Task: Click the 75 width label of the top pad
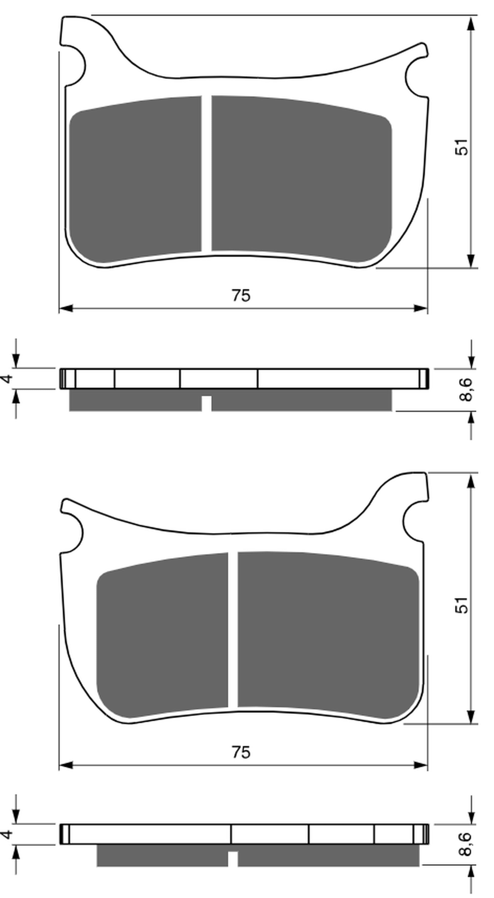pos(241,296)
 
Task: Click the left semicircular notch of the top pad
pos(75,66)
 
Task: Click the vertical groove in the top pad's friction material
pos(206,173)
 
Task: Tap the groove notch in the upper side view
pos(206,403)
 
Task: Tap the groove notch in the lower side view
pos(233,859)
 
